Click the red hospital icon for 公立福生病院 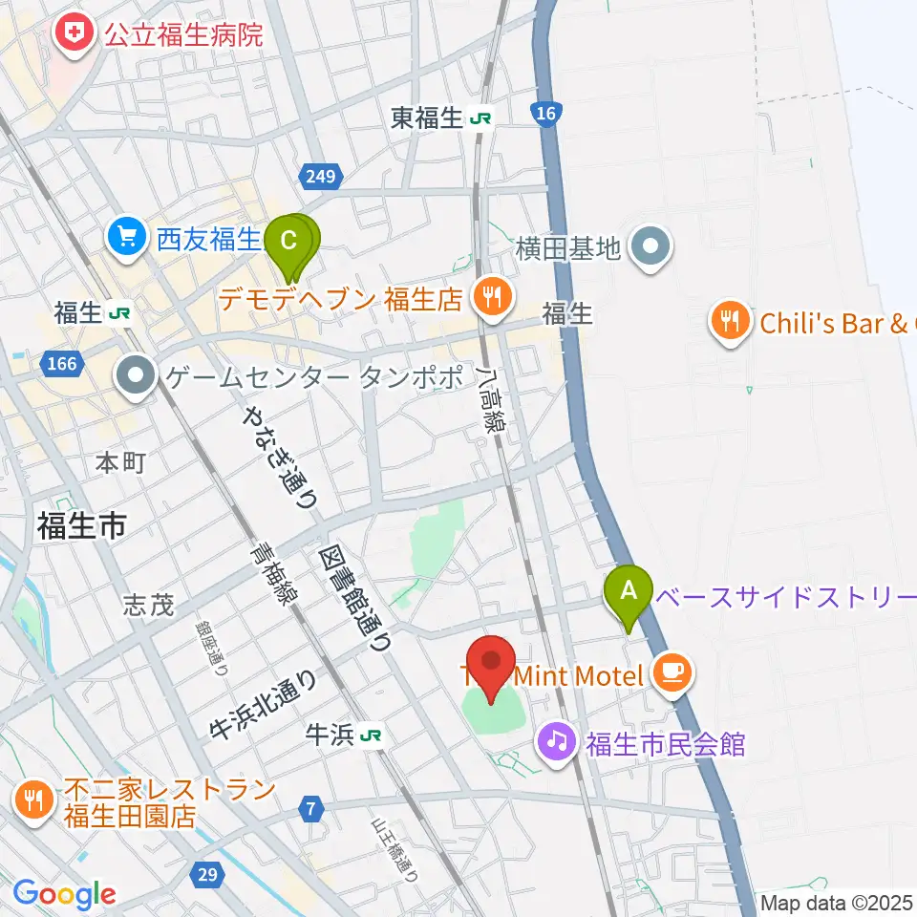[70, 37]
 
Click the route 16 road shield [545, 115]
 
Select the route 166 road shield [61, 363]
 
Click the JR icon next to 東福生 [480, 118]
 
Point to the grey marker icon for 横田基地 [652, 249]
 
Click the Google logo [64, 894]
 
